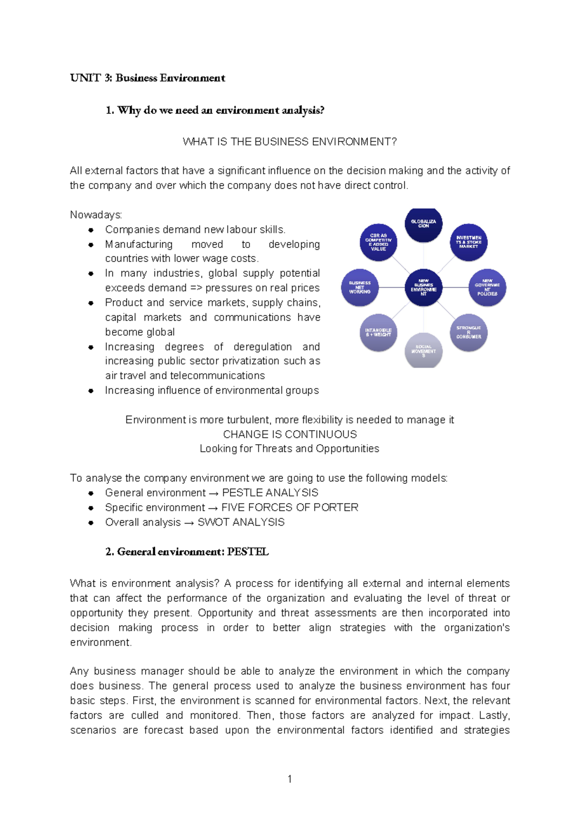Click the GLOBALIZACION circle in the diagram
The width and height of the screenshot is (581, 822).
coord(423,224)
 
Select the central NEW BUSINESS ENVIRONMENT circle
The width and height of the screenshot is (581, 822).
coord(423,288)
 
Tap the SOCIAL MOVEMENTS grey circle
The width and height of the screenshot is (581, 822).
coord(423,351)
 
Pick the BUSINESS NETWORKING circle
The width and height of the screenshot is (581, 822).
coord(360,288)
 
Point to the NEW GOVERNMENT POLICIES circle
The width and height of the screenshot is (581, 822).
coord(487,288)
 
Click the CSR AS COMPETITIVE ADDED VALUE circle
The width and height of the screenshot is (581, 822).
coord(378,242)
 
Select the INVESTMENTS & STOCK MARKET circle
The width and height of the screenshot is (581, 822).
coord(468,242)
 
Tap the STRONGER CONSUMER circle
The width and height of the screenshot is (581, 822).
coord(468,332)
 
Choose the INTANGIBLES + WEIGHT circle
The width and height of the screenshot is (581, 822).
coord(378,332)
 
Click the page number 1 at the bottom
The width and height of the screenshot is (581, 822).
coord(290,779)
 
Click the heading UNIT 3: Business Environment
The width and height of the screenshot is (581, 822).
coord(148,78)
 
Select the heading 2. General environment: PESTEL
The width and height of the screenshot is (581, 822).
coord(187,552)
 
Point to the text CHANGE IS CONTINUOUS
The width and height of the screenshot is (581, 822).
coord(290,434)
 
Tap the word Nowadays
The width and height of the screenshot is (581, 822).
coord(96,215)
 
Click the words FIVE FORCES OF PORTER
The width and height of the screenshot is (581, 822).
coord(290,507)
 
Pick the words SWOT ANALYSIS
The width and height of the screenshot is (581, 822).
coord(241,522)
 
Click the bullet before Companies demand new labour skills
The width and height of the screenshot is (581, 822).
coord(91,230)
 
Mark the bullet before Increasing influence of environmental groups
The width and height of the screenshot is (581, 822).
coord(91,391)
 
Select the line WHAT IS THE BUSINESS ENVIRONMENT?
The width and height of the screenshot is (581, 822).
coord(290,141)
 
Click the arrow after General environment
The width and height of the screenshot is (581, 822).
coord(214,493)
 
